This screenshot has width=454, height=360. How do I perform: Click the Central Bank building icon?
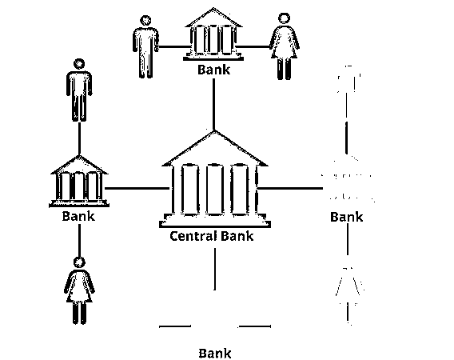[x=214, y=179]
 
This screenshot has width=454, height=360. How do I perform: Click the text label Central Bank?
[x=212, y=236]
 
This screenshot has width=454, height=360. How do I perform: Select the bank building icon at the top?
[x=213, y=34]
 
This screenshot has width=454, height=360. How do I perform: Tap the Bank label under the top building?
[x=213, y=70]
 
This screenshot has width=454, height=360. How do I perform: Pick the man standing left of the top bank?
[x=145, y=47]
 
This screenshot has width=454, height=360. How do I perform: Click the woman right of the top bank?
[x=285, y=46]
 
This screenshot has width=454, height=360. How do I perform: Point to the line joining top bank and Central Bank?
[x=213, y=104]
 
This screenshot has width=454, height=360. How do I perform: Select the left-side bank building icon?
[x=79, y=181]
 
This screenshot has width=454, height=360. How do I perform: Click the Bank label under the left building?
[x=78, y=216]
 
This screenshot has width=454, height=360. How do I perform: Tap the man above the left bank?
[x=79, y=90]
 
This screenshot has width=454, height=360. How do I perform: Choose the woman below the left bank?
[x=79, y=290]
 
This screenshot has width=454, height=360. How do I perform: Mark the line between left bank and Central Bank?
[x=137, y=189]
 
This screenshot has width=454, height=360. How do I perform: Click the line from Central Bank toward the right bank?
[x=290, y=189]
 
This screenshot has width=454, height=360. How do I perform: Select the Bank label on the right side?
[x=347, y=217]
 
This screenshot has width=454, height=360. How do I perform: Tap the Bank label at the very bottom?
[x=215, y=354]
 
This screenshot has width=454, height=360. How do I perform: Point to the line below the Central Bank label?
[x=214, y=269]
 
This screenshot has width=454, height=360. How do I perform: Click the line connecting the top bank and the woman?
[x=253, y=46]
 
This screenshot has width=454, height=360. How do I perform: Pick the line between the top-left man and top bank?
[x=174, y=46]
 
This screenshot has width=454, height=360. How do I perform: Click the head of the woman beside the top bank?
[x=284, y=18]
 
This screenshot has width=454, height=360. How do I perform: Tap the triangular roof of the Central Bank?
[x=214, y=150]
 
